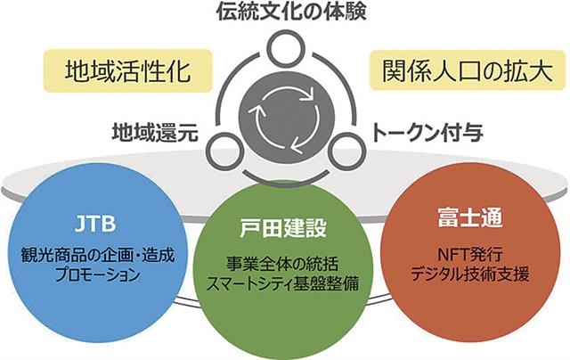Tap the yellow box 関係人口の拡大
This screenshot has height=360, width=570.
[x=445, y=70]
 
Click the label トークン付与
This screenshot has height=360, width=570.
[x=427, y=134]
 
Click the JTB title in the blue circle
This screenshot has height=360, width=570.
[x=92, y=220]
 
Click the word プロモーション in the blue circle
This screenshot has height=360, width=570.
[x=92, y=274]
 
